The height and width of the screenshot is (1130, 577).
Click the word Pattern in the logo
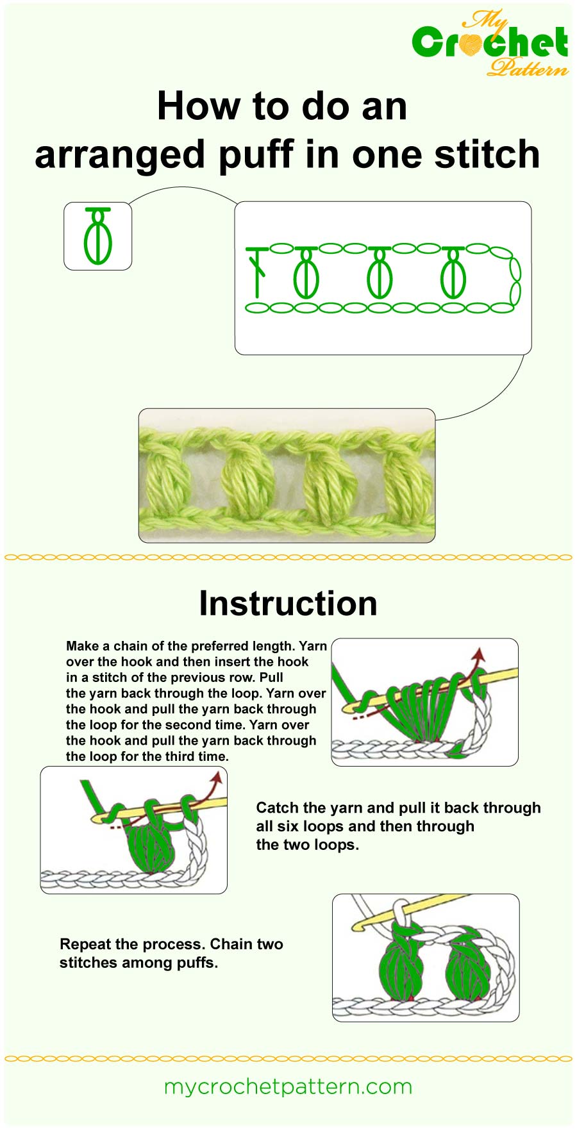pyautogui.click(x=527, y=67)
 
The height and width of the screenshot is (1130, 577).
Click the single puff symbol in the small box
pyautogui.click(x=98, y=237)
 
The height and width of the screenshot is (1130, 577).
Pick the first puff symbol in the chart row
pyautogui.click(x=306, y=274)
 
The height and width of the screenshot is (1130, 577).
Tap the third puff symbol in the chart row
pyautogui.click(x=453, y=274)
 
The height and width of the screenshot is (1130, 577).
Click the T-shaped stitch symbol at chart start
pyautogui.click(x=258, y=272)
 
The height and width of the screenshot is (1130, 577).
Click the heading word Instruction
pyautogui.click(x=288, y=603)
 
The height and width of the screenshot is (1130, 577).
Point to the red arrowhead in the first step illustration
pyautogui.click(x=477, y=654)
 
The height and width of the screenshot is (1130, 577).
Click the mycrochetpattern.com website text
pyautogui.click(x=288, y=1086)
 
